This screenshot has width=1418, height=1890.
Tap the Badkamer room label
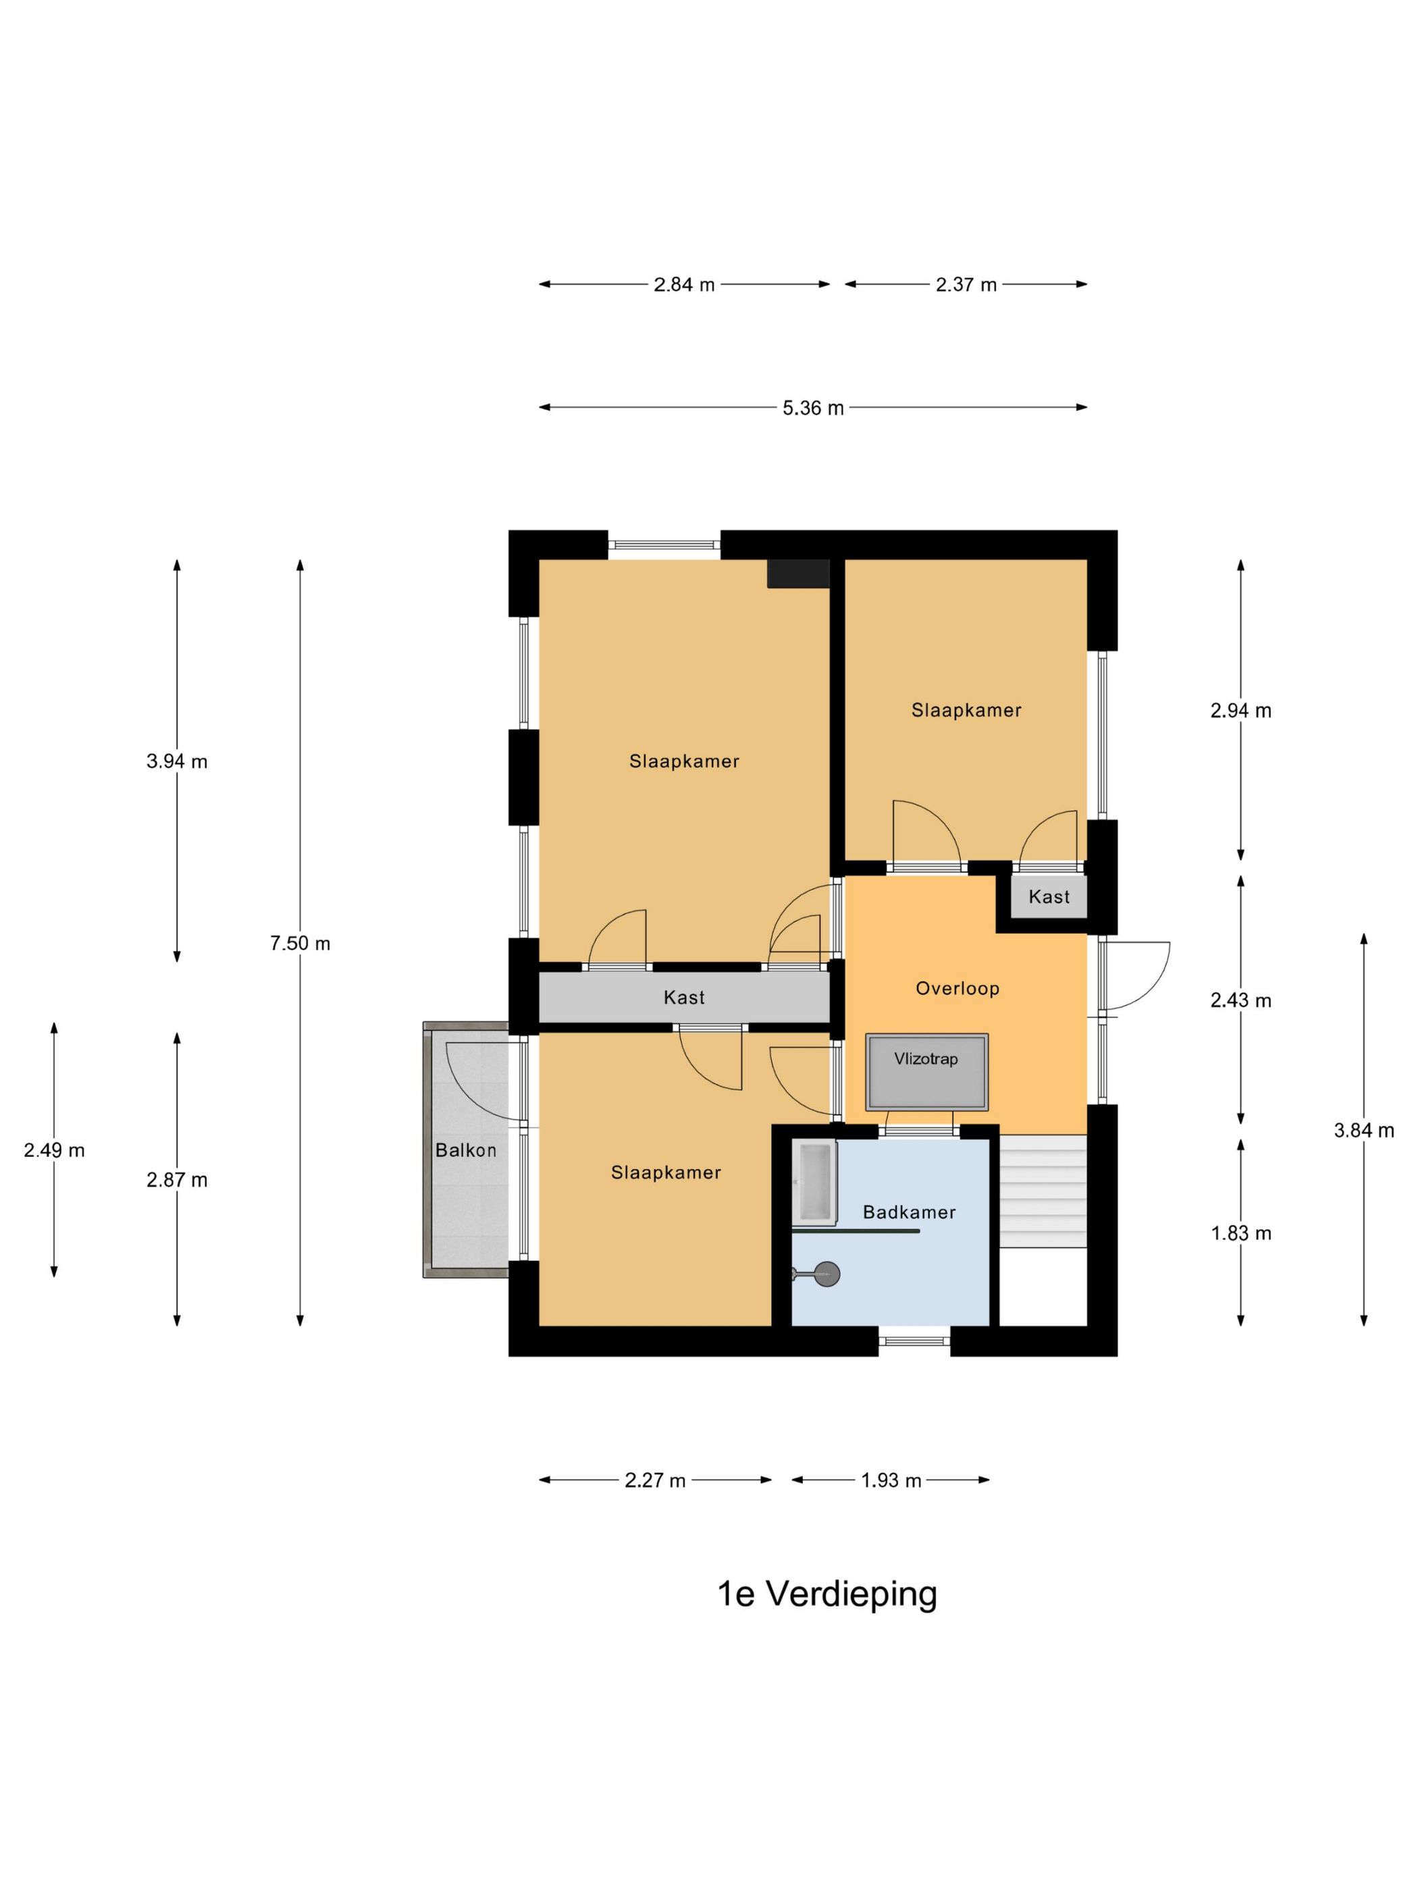click(909, 1212)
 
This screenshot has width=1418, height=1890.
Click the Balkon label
click(466, 1150)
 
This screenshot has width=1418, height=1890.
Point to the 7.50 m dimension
click(300, 943)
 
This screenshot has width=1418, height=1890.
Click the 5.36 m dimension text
click(813, 408)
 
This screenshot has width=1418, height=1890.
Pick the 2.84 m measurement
click(684, 285)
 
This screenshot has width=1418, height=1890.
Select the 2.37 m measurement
click(966, 285)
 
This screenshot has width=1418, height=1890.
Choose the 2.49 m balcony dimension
click(54, 1150)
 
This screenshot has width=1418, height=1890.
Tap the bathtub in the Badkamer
click(813, 1183)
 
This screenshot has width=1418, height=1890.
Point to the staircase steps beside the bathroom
click(1043, 1190)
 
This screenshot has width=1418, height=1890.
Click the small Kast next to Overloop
click(1049, 896)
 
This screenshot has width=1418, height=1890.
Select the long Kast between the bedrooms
click(684, 997)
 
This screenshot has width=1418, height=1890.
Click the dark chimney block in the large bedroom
click(798, 573)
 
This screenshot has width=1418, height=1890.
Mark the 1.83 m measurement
click(1241, 1233)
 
